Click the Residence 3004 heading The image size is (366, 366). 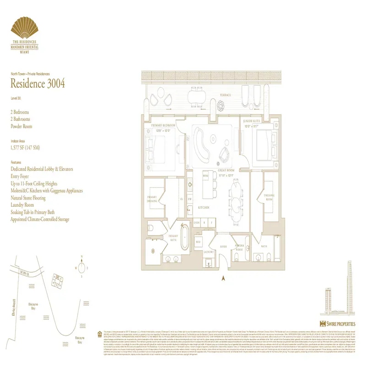coord(38,83)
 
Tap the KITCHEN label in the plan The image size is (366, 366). coord(204,207)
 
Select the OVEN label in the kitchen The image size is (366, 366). coord(197,223)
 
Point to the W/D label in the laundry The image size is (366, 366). coord(198,242)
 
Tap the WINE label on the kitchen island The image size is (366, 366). coord(205,175)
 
